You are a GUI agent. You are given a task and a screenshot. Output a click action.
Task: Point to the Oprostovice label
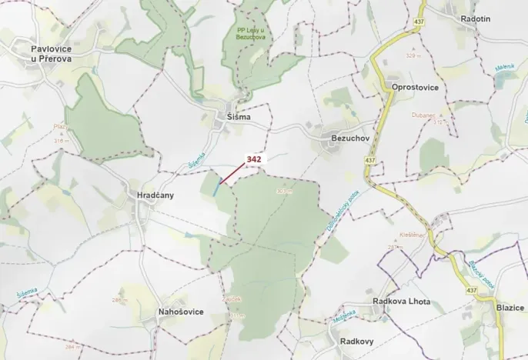tap(415, 87)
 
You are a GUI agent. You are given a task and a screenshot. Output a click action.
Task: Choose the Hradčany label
tap(155, 195)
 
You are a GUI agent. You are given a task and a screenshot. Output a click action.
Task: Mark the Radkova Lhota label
tap(401, 302)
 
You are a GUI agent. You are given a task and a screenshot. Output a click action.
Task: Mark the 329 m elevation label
tap(413, 57)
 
